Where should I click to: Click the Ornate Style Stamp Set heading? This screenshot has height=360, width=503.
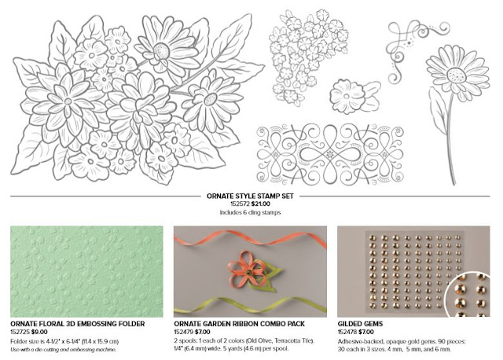click(x=250, y=196)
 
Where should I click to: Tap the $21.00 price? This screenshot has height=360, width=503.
click(x=260, y=204)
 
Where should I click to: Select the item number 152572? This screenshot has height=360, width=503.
click(x=240, y=204)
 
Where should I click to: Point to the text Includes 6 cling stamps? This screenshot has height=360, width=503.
click(x=250, y=212)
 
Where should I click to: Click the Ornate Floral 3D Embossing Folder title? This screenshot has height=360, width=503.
click(x=78, y=324)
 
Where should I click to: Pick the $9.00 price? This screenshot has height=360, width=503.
click(x=39, y=332)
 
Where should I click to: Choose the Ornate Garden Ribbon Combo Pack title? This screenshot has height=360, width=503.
click(x=239, y=324)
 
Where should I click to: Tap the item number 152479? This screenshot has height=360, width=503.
click(x=183, y=332)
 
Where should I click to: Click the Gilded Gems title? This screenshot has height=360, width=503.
click(x=360, y=324)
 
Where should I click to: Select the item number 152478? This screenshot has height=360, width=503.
click(x=347, y=332)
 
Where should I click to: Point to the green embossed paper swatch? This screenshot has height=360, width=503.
click(x=86, y=271)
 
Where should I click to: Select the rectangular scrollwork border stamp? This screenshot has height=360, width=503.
click(x=330, y=154)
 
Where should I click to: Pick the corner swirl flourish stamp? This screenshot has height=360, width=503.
click(x=417, y=51)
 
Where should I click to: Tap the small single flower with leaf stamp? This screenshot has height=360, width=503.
click(x=354, y=96)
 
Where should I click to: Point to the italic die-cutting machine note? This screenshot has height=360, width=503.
click(x=63, y=350)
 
